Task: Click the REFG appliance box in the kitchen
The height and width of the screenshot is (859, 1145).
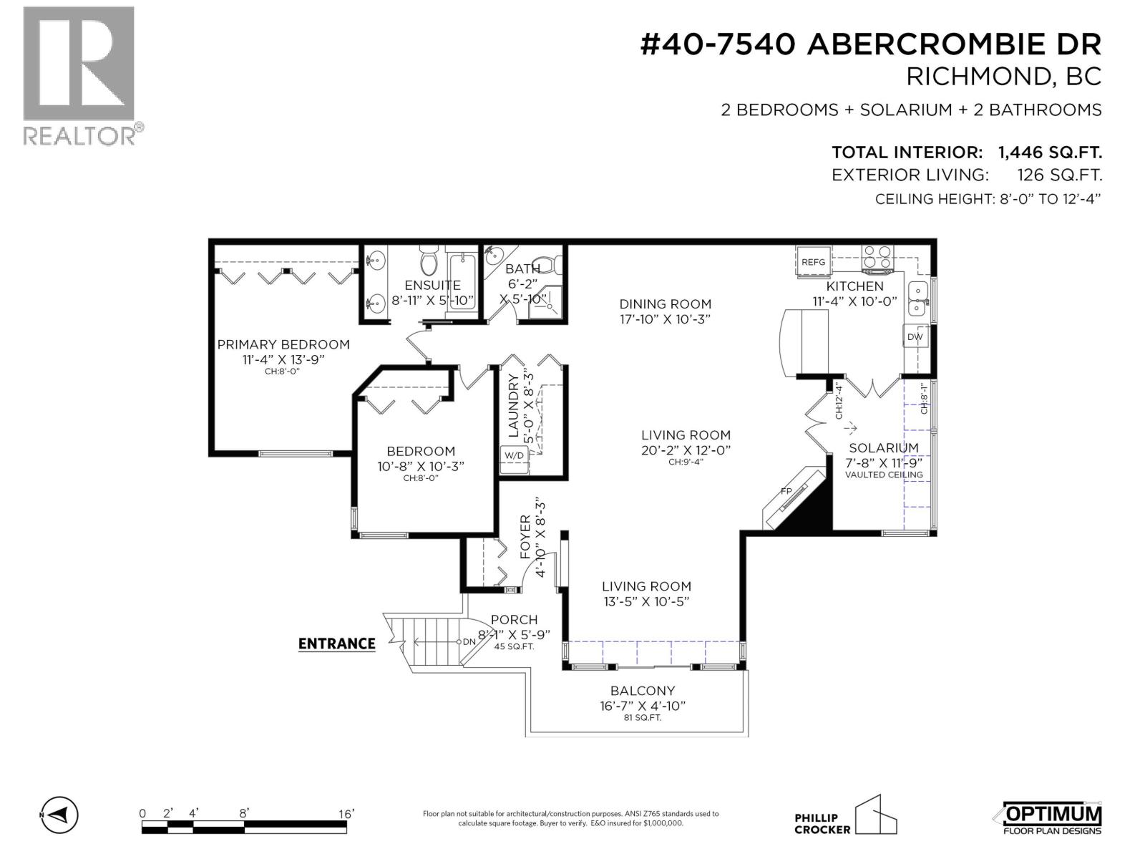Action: pyautogui.click(x=813, y=262)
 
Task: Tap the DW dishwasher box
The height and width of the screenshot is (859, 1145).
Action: pyautogui.click(x=915, y=336)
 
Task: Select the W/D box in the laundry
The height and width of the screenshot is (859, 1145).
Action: pyautogui.click(x=514, y=455)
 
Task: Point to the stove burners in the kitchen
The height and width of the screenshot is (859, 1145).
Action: pyautogui.click(x=877, y=256)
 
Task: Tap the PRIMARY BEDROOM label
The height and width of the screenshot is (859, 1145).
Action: pyautogui.click(x=283, y=344)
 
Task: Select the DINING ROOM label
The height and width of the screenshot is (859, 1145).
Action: pyautogui.click(x=666, y=304)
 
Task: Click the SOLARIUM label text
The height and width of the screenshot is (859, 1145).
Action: pyautogui.click(x=884, y=447)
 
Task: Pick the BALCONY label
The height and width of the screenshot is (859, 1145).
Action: pyautogui.click(x=643, y=691)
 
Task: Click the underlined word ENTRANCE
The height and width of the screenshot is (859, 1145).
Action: pyautogui.click(x=336, y=644)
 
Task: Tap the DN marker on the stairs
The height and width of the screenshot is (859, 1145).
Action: pyautogui.click(x=469, y=642)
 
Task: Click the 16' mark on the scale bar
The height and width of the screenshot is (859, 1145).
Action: pyautogui.click(x=346, y=814)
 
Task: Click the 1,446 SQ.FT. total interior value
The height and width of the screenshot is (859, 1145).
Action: pyautogui.click(x=1050, y=152)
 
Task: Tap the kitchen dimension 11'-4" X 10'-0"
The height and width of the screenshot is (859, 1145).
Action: pyautogui.click(x=854, y=301)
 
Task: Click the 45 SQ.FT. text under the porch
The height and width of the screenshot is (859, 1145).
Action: pyautogui.click(x=515, y=646)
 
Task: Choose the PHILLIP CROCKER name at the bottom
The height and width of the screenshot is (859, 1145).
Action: pyautogui.click(x=822, y=823)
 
